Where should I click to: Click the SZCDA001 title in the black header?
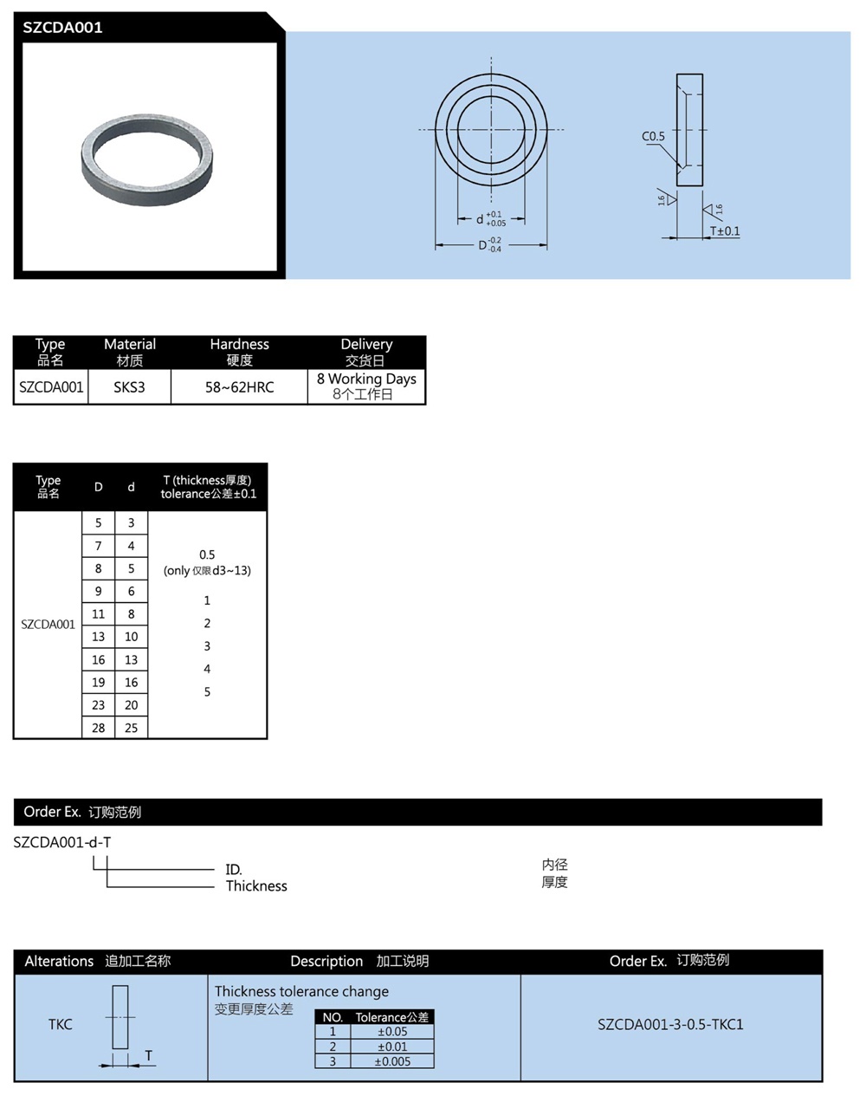[x=62, y=27]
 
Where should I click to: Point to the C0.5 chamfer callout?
[x=653, y=136]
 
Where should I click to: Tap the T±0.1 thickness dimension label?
[x=725, y=231]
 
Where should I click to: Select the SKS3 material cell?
[x=129, y=387]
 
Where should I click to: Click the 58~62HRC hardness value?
[x=239, y=387]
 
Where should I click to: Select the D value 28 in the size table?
[x=99, y=728]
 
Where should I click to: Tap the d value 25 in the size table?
[x=131, y=728]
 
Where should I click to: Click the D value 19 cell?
[x=99, y=683]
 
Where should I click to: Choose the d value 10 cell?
[x=131, y=637]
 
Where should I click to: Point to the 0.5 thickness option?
[x=207, y=554]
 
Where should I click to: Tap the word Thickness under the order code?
[x=256, y=885]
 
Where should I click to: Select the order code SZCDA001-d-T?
[x=62, y=842]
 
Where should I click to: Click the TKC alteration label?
[x=61, y=1024]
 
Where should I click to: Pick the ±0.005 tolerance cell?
[x=392, y=1061]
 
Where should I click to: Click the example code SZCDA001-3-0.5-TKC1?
[x=670, y=1024]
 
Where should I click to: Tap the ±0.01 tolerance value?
[x=392, y=1047]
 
